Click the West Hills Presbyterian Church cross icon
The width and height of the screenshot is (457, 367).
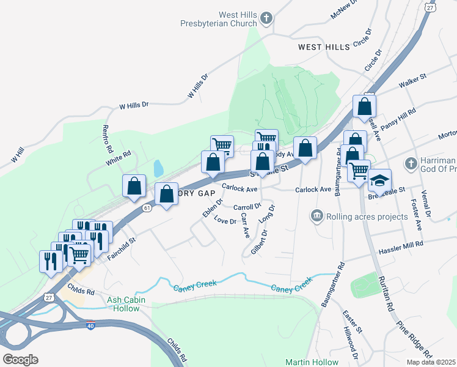tap(266, 19)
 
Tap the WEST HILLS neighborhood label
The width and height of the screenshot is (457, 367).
tap(324, 46)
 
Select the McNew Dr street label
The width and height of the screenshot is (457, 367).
tap(343, 8)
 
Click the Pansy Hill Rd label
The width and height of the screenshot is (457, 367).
tap(398, 118)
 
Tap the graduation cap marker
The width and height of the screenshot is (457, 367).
tap(379, 180)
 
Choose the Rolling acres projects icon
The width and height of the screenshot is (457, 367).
tap(316, 215)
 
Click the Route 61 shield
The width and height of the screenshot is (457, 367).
tap(147, 209)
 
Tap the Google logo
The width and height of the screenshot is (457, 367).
tap(20, 359)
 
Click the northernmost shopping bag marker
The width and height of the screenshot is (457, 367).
tap(364, 106)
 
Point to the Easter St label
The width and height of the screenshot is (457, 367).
tap(353, 322)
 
